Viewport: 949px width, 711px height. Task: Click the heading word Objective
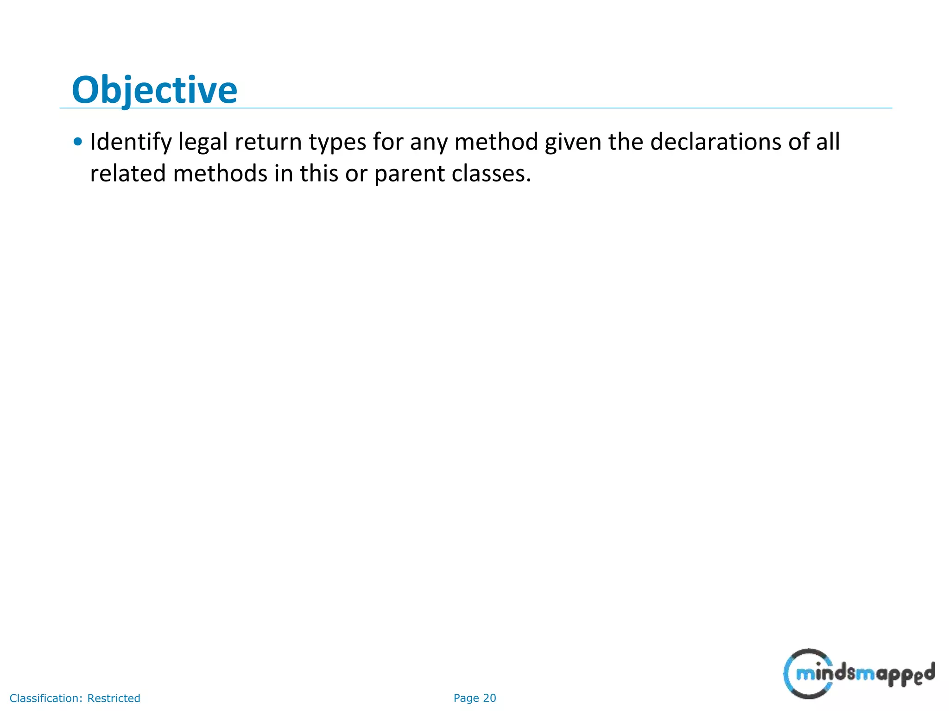154,90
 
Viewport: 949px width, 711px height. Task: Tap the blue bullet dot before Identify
78,142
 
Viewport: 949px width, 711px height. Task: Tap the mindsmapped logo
859,674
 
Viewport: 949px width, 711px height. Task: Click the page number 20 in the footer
489,698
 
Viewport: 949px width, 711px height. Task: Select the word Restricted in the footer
114,698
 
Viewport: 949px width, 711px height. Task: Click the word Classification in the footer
46,698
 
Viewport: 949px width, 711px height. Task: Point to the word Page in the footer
466,698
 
